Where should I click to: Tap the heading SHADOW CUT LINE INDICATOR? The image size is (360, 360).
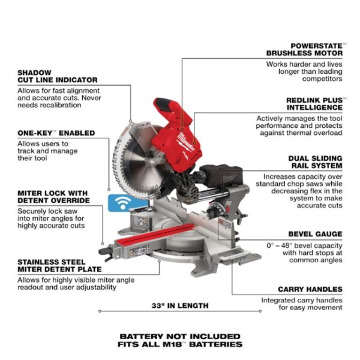(58, 76)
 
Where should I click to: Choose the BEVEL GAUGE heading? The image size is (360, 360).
(315, 234)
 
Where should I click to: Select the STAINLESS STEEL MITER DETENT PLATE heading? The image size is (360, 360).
(58, 265)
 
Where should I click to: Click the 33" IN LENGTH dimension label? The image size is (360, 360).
(180, 305)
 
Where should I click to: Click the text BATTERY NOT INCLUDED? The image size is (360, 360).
(180, 336)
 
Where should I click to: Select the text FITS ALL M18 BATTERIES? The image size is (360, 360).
(180, 344)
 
